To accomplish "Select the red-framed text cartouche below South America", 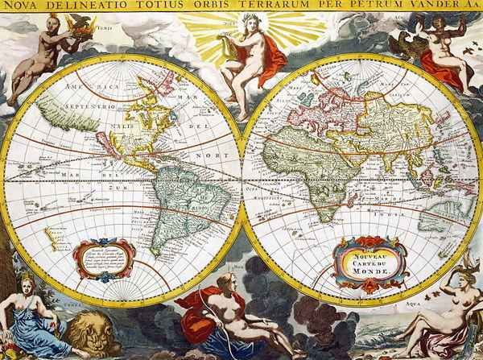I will pyautogui.click(x=103, y=258).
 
